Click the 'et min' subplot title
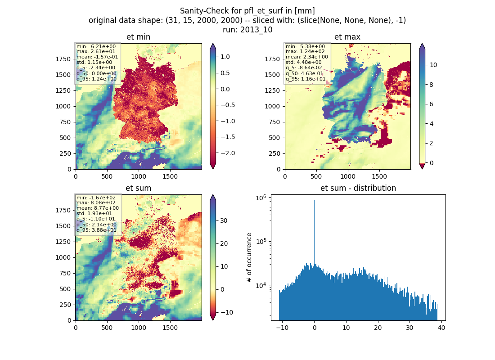pyautogui.click(x=138, y=37)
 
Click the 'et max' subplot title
pyautogui.click(x=347, y=37)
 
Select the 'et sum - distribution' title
pyautogui.click(x=358, y=188)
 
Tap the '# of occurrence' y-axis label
pyautogui.click(x=249, y=258)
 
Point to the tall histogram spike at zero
pyautogui.click(x=314, y=232)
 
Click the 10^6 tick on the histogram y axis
pyautogui.click(x=261, y=198)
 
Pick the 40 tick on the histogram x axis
pyautogui.click(x=441, y=328)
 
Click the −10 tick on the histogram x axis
pyautogui.click(x=282, y=328)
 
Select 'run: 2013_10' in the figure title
pyautogui.click(x=247, y=30)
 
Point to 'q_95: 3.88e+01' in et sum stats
pyautogui.click(x=96, y=230)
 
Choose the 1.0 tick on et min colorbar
pyautogui.click(x=225, y=57)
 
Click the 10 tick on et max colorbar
pyautogui.click(x=433, y=65)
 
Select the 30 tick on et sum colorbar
pyautogui.click(x=224, y=220)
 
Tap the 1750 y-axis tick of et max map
pyautogui.click(x=272, y=59)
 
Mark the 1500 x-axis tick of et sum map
pyautogui.click(x=170, y=328)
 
